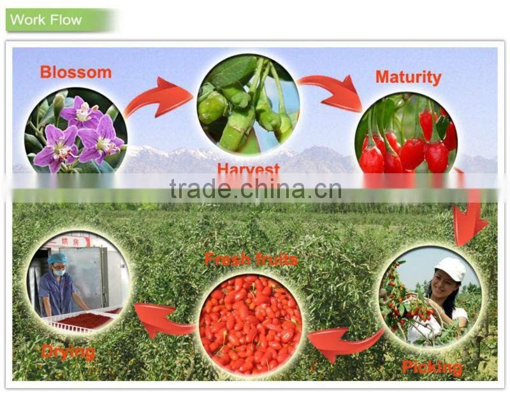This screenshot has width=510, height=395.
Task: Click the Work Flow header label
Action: [x=46, y=20]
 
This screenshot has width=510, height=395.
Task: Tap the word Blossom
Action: [x=75, y=72]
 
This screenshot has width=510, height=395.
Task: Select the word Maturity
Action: [x=408, y=78]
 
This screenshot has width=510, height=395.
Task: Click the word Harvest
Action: [x=248, y=169]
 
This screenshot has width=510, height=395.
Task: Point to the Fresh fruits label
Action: [x=251, y=259]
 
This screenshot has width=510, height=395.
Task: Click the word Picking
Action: [x=432, y=367]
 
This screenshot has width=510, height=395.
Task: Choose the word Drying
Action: [x=68, y=352]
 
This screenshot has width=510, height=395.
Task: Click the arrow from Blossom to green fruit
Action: [x=159, y=97]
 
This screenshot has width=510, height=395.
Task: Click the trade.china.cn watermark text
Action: [x=255, y=189]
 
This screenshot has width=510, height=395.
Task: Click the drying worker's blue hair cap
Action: [x=58, y=259]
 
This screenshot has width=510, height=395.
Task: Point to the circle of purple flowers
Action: [x=75, y=131]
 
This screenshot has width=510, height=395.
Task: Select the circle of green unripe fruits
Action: [x=248, y=105]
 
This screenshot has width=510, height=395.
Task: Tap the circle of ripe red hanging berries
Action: [x=406, y=137]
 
